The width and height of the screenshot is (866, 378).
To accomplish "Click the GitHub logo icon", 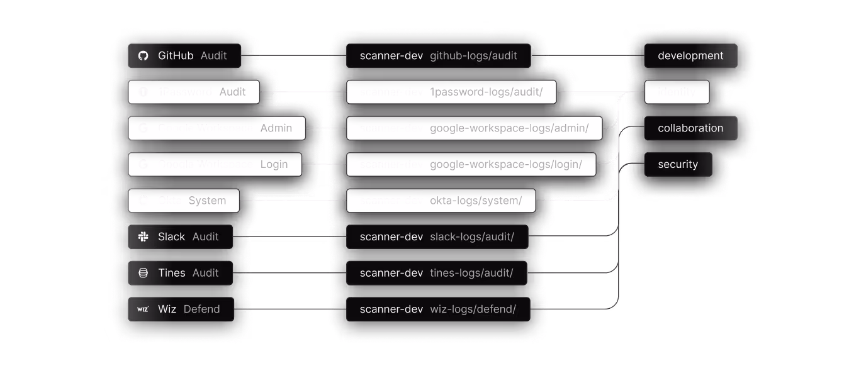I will (143, 56).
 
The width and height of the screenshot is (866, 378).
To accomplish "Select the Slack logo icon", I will (143, 237).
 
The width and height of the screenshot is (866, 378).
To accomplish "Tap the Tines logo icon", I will (143, 273).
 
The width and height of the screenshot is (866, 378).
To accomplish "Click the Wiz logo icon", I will (143, 309).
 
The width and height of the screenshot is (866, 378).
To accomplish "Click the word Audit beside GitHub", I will (213, 56).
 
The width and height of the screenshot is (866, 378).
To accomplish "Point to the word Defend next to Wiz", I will (201, 309).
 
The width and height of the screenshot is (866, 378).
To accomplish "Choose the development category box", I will (690, 56).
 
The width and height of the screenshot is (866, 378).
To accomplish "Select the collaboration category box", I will (690, 128).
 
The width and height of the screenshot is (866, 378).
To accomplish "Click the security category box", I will (678, 165).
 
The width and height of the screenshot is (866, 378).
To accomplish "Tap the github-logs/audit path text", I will (473, 56).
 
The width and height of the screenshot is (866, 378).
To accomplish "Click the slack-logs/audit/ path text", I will (472, 237).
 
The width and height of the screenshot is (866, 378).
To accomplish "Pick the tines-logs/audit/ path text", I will (471, 273).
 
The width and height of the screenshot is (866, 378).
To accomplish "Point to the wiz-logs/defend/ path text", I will (473, 309).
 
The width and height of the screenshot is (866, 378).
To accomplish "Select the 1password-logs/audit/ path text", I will (485, 92).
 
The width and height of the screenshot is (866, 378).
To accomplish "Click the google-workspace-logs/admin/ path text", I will (509, 128).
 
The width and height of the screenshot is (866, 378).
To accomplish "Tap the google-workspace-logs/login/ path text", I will (506, 165).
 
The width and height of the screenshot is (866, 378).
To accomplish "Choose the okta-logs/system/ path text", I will (476, 201).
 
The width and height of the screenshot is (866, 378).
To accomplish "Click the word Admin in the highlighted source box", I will (276, 128).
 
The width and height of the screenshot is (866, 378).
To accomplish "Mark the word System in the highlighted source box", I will (207, 201).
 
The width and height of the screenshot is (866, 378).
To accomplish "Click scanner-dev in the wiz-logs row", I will (391, 309).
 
